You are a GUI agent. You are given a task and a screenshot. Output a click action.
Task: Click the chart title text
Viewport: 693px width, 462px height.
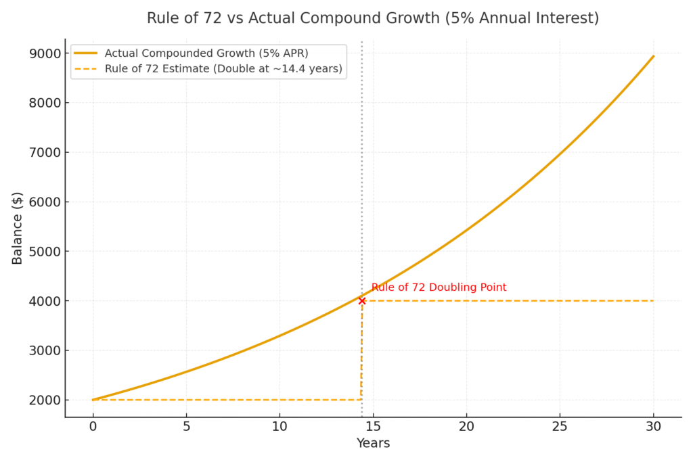coord(373,18)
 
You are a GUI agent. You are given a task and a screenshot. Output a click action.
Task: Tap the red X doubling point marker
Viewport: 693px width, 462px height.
coord(362,301)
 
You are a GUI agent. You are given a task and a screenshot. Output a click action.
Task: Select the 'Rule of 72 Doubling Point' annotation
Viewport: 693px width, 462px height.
coord(439,287)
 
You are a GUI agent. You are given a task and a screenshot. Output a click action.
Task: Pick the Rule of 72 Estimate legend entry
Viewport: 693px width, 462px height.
coord(223,68)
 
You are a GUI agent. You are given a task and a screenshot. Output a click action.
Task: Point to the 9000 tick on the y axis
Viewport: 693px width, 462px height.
coord(43,53)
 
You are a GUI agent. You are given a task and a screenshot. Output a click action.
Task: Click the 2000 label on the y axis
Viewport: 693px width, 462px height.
coord(43,400)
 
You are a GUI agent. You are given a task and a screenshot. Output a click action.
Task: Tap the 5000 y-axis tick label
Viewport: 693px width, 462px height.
coord(43,252)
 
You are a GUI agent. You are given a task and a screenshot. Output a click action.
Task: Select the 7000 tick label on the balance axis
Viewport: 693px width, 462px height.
coord(43,152)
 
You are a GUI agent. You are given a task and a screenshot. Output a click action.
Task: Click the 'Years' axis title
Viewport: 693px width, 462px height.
coord(373,444)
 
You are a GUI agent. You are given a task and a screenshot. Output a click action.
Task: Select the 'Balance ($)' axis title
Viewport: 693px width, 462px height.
coord(18,228)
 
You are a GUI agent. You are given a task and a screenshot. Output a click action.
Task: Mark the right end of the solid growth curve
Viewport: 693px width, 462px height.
coord(653,56)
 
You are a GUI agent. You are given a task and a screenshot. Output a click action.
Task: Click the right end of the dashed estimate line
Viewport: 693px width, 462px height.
coord(653,301)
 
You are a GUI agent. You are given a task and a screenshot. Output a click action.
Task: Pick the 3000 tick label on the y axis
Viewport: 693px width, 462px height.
coord(43,350)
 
